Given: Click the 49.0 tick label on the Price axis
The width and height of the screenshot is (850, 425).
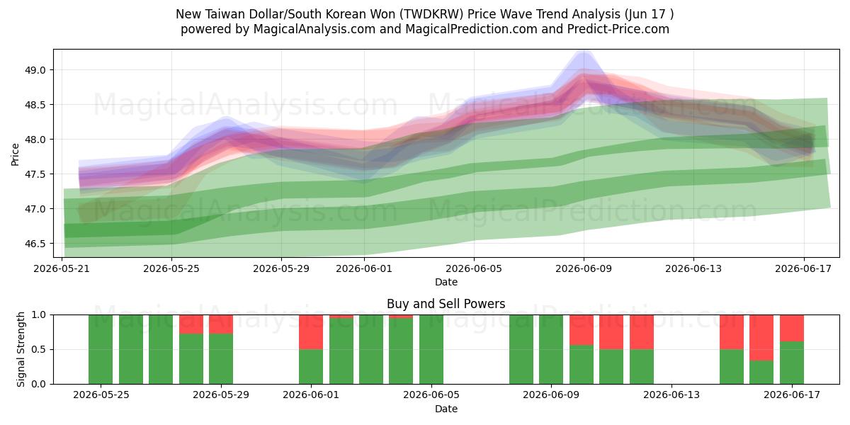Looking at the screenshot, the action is pos(35,70).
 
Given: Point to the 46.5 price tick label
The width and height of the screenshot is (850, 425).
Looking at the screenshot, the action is pos(35,244).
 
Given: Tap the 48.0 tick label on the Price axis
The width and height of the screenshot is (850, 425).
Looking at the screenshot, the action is pos(35,140).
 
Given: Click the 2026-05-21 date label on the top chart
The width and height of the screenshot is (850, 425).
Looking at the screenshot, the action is pos(62,268).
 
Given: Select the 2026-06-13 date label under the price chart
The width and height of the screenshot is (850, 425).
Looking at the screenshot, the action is pos(693,268).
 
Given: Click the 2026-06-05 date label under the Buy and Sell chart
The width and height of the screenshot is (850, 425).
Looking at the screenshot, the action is pos(431,395).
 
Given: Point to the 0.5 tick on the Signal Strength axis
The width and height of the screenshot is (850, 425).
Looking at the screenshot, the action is pos(38,349).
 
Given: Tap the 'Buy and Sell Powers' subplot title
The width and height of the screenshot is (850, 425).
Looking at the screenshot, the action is pos(446,304).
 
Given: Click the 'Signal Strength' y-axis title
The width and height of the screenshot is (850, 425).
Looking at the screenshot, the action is pos(21,349).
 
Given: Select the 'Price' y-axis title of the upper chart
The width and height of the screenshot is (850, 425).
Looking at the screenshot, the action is pos(15,154).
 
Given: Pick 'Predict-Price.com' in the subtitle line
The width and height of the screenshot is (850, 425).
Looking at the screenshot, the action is pos(618,29).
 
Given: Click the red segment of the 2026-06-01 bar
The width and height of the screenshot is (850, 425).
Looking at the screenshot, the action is pos(311,332).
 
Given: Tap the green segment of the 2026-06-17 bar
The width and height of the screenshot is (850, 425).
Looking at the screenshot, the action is pos(792,363).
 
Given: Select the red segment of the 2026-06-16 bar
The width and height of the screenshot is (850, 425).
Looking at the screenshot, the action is pos(761,338).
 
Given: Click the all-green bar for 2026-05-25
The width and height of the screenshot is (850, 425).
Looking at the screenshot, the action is pos(101,349).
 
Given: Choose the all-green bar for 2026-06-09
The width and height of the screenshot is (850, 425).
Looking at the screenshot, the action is pos(551,349).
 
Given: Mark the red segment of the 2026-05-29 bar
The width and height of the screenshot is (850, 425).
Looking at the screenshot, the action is pos(221,324).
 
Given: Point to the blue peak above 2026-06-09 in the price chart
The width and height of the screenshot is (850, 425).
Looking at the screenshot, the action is pos(584,52).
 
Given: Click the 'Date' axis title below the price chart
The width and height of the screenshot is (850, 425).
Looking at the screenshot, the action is pos(446,282).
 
